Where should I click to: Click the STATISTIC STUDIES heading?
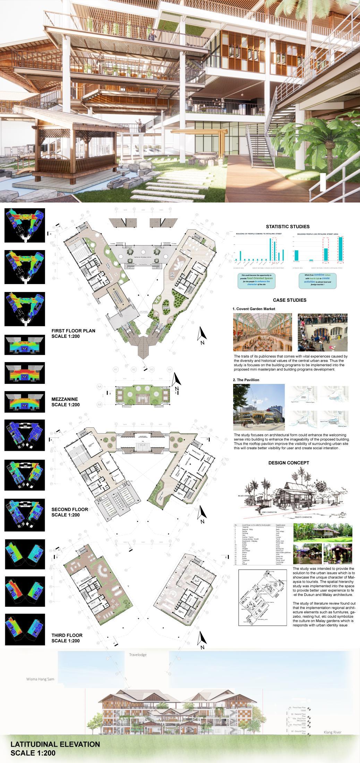[288, 226]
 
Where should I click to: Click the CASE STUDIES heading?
[289, 300]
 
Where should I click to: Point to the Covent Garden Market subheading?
[254, 309]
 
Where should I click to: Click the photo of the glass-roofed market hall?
[263, 332]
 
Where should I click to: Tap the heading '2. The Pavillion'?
[246, 380]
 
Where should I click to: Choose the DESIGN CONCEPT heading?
[289, 463]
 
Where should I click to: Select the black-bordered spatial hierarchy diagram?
[263, 597]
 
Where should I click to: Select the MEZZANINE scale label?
[66, 402]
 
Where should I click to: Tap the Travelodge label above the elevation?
[138, 655]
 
